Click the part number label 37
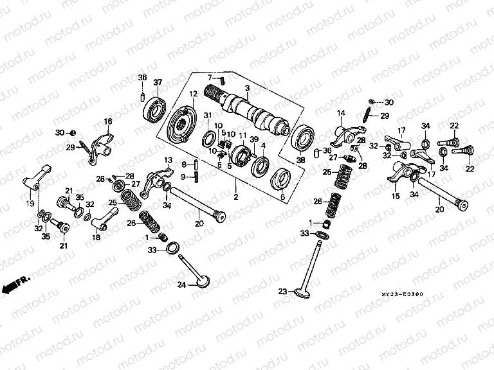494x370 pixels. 158,82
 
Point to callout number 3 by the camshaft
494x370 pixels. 246,87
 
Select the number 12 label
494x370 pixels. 192,94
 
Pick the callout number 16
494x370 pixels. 108,121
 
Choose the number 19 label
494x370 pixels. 30,203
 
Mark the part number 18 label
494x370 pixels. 97,238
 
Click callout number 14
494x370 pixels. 342,113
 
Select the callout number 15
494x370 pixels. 395,195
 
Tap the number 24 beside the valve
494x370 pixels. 181,285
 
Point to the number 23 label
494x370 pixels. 281,292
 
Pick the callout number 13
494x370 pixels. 167,159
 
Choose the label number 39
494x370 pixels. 254,140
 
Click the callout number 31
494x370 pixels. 207,115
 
